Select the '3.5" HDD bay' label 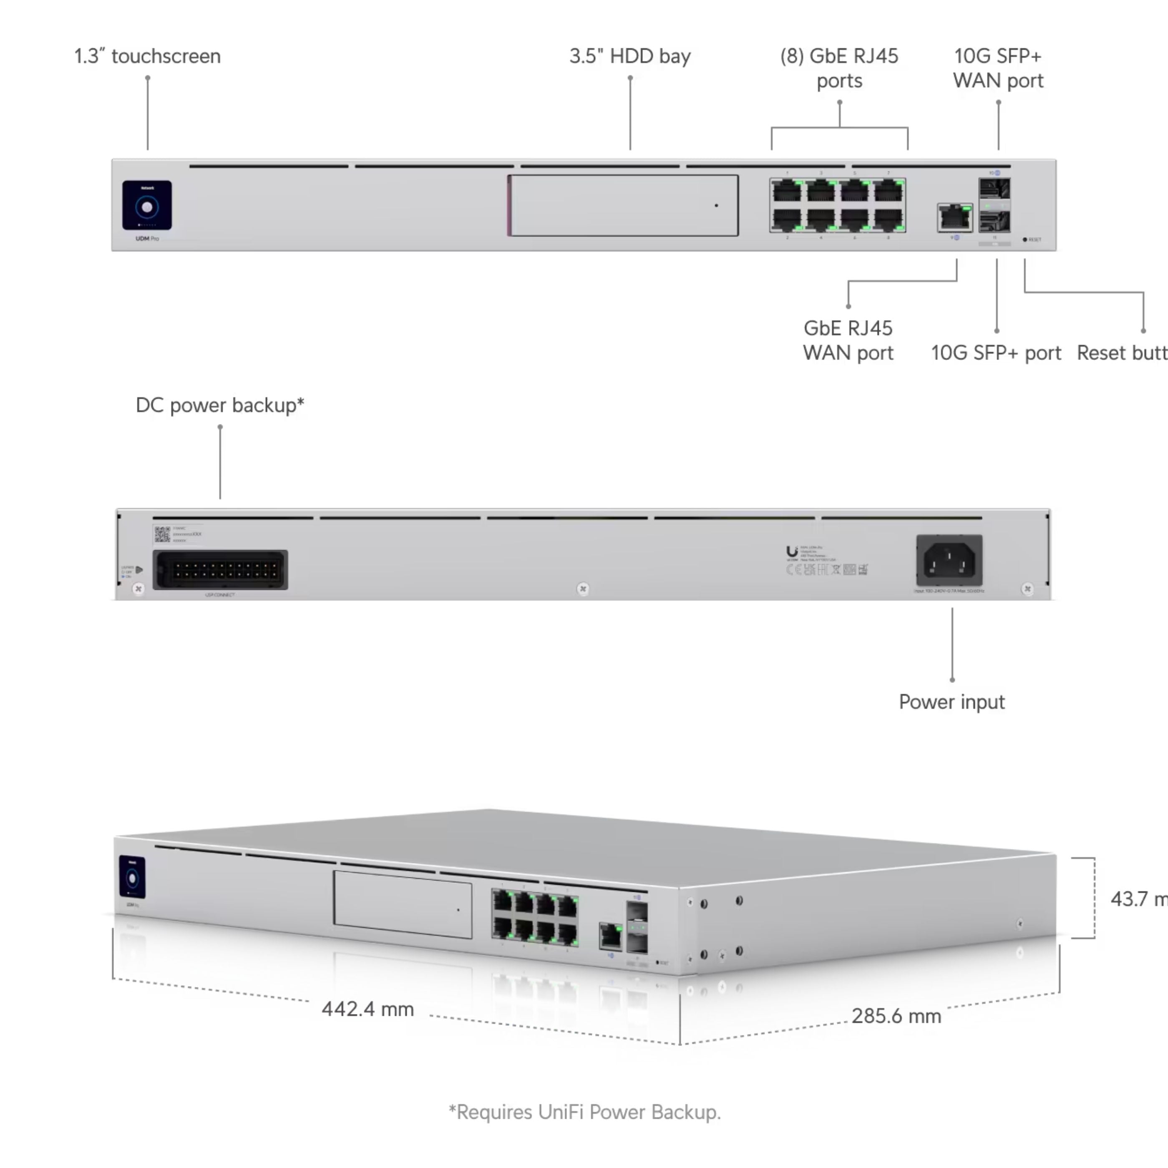[x=630, y=56]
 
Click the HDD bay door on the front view [x=623, y=206]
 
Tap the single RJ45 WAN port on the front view [x=954, y=218]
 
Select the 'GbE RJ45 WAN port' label [x=848, y=340]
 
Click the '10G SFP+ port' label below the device [x=996, y=353]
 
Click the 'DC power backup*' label [x=219, y=405]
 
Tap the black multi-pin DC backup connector [x=220, y=569]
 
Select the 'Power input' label [x=952, y=702]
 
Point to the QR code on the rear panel [x=162, y=534]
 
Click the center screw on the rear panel [x=583, y=589]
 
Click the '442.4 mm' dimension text [x=368, y=1009]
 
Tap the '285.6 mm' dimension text [x=896, y=1016]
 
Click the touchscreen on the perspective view [x=132, y=876]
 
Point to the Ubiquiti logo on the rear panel [x=791, y=551]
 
